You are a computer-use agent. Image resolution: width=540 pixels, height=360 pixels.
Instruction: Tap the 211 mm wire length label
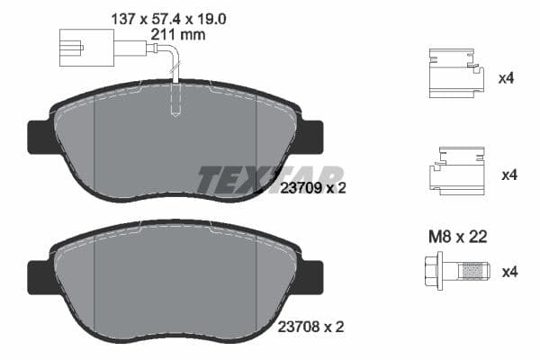point(180,34)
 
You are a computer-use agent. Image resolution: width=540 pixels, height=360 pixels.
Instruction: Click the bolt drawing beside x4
point(457,270)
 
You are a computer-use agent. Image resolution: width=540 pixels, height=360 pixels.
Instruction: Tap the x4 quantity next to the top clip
point(506,78)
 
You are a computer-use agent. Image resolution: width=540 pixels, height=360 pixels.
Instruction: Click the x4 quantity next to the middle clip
point(506,174)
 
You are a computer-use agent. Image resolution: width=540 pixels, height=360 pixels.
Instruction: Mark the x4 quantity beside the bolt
point(506,270)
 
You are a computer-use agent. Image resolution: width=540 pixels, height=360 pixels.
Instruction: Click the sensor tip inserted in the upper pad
point(176,106)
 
